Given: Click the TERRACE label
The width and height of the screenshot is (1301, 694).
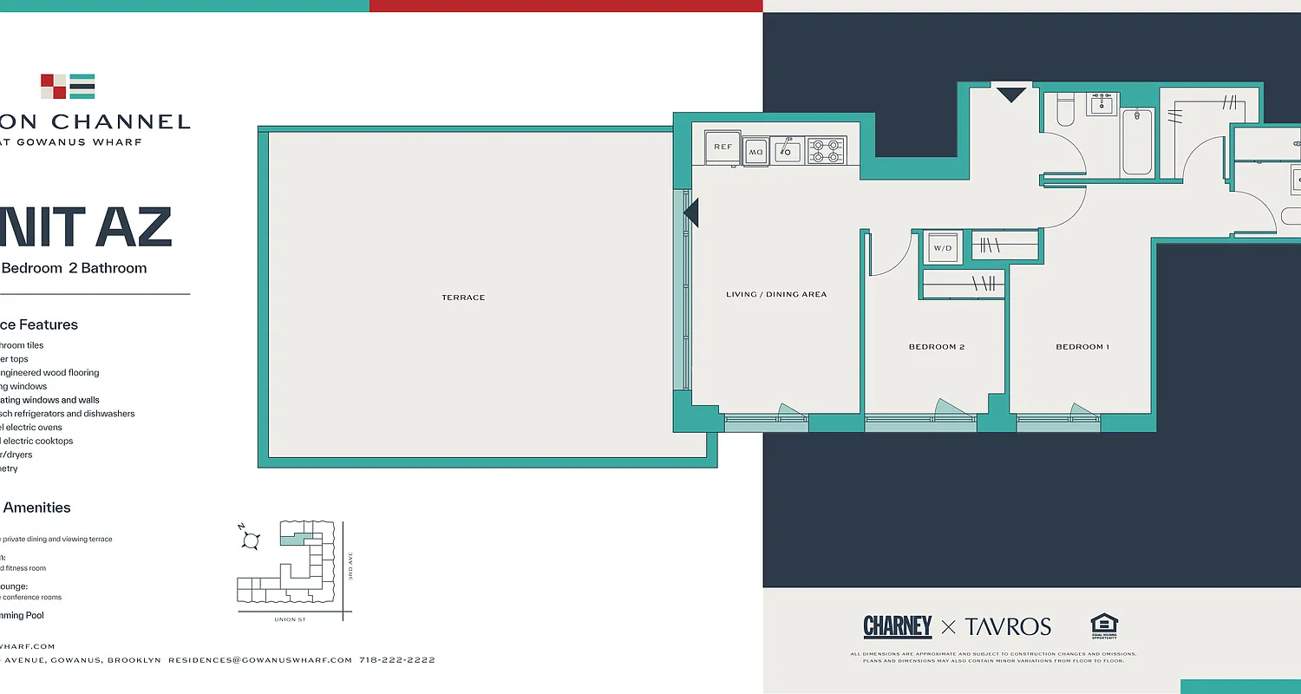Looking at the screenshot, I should click(463, 298).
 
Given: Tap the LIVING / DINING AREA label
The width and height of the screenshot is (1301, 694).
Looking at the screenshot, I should click(776, 294).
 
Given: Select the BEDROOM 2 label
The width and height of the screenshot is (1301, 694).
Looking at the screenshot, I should click(937, 347).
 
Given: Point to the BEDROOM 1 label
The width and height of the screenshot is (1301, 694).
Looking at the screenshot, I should click(1082, 347).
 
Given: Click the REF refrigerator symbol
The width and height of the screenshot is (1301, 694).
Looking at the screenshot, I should click(722, 147).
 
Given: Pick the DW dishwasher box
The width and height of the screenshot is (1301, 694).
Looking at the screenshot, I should click(755, 152).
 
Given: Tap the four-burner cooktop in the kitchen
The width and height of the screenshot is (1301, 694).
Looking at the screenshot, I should click(827, 151).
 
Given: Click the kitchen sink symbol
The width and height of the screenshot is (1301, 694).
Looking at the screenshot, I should click(788, 151).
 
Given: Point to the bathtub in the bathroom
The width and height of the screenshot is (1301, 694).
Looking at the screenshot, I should click(1137, 141).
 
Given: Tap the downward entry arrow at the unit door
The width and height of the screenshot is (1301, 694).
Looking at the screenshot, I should click(1011, 93).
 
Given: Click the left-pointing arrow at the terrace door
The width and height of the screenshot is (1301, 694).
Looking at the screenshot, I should click(691, 212).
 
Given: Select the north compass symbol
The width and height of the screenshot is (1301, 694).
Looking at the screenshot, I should click(251, 540).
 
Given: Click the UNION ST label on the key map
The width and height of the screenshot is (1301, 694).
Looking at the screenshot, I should click(290, 619).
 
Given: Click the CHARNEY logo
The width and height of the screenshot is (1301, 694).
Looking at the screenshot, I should click(898, 626).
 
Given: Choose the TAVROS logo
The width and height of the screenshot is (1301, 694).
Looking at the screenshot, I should click(1008, 626).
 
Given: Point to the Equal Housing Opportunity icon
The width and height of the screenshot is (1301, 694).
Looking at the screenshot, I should click(1104, 625).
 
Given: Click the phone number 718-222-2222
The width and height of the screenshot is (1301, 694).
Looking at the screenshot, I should click(396, 660).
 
